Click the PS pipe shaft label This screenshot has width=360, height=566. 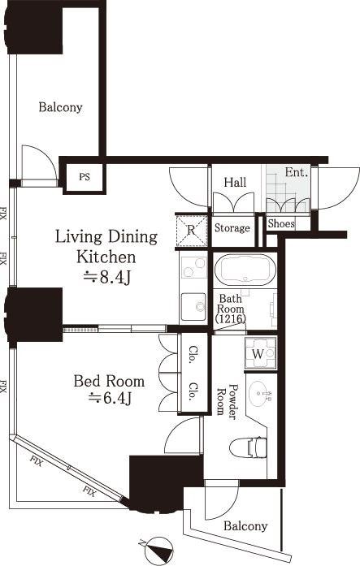(x=85, y=177)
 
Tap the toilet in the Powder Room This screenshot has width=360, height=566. (x=248, y=447)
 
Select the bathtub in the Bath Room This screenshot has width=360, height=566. (x=245, y=270)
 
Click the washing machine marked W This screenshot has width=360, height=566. (x=260, y=353)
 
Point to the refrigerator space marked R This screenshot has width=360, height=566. (x=191, y=230)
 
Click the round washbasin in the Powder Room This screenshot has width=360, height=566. (x=260, y=394)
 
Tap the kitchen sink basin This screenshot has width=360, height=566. (x=193, y=307)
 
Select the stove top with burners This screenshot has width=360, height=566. (x=193, y=267)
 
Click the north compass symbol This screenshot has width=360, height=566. (x=156, y=550)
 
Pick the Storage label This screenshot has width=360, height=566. (x=232, y=228)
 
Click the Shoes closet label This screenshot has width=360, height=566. (x=281, y=224)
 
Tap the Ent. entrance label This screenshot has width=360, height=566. (x=297, y=172)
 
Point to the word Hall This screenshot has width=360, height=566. (x=235, y=182)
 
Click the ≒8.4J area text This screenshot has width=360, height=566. (x=106, y=277)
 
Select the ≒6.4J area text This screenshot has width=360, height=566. (x=110, y=398)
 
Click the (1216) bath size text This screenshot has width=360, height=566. (x=231, y=319)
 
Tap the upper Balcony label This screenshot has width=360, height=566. (x=61, y=107)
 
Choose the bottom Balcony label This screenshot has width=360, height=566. (x=245, y=526)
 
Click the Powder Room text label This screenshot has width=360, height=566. (x=228, y=400)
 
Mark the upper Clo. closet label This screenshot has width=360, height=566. (x=193, y=355)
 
